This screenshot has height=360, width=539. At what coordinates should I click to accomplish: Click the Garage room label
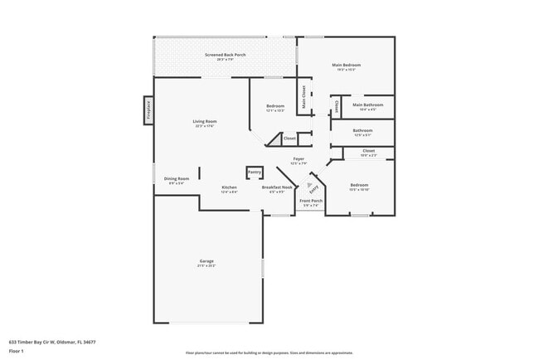[206, 261]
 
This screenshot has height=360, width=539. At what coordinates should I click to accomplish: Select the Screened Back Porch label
[226, 55]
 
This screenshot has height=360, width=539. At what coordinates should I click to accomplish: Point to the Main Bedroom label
[346, 66]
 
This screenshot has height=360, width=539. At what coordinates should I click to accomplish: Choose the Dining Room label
[177, 179]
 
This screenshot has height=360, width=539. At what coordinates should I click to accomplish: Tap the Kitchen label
[230, 187]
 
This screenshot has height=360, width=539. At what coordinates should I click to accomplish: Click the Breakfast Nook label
[277, 187]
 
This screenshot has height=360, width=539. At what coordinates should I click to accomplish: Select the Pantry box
[255, 172]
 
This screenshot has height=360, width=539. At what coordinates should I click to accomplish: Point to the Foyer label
[299, 158]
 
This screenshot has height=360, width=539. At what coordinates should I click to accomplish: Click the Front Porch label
[311, 202]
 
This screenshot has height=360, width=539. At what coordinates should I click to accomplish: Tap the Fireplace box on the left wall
[148, 111]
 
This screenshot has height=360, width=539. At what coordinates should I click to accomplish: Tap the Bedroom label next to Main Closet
[275, 106]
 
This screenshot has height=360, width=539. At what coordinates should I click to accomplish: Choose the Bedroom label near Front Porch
[359, 185]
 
